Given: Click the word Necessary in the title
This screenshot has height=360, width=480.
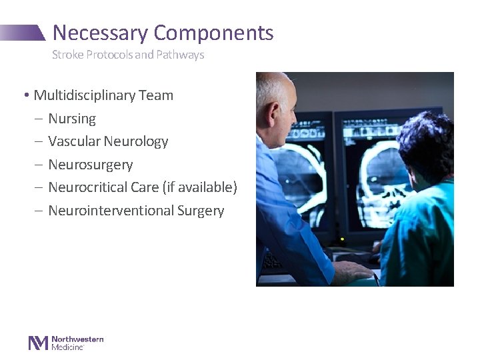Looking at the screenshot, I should click(x=101, y=33).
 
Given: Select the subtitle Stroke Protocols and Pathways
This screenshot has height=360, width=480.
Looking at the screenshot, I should click(x=128, y=55).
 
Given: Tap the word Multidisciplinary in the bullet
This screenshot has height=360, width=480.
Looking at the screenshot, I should click(x=85, y=95).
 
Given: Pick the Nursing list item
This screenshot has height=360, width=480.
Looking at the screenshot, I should click(x=72, y=119).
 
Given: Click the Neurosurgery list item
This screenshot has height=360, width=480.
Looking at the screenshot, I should click(x=91, y=165).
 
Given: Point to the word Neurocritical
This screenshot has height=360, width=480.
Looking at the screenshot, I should click(x=89, y=187).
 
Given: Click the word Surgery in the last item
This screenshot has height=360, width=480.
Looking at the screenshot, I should click(x=201, y=211).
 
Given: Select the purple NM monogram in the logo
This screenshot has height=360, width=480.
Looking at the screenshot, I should click(x=38, y=343).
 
